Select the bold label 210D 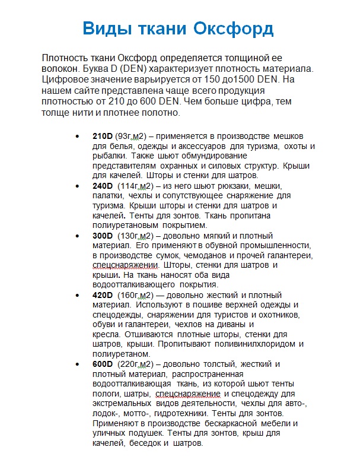(x=103, y=136)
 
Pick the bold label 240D (x=103, y=186)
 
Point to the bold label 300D (x=103, y=236)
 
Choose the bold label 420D (x=103, y=295)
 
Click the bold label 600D (x=103, y=363)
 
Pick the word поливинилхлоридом (x=244, y=344)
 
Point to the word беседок (x=144, y=443)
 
